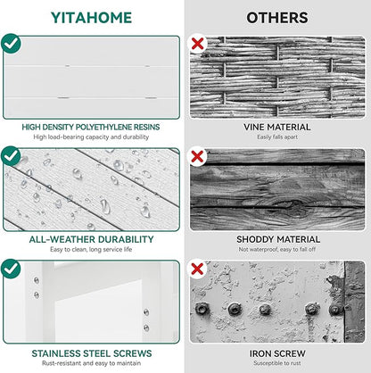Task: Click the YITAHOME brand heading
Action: click(x=91, y=18)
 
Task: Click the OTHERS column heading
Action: click(x=277, y=18)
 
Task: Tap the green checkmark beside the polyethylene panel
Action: click(x=11, y=44)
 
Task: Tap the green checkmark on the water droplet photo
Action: click(x=11, y=156)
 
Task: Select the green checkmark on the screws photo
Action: click(x=11, y=269)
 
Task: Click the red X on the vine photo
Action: click(x=197, y=44)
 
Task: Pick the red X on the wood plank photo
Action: click(x=197, y=156)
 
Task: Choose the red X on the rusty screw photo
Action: click(x=197, y=269)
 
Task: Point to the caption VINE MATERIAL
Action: click(x=277, y=127)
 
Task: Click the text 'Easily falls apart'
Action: click(x=277, y=137)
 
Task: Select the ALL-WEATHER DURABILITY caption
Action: click(x=91, y=239)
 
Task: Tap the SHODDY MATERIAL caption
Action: click(x=278, y=239)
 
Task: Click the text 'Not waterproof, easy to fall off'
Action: click(x=277, y=249)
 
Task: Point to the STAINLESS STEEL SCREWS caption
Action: click(x=92, y=353)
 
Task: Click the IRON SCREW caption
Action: click(x=277, y=353)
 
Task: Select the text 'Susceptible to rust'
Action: click(x=277, y=363)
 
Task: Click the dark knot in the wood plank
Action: click(x=293, y=206)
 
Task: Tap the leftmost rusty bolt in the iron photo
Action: click(x=202, y=309)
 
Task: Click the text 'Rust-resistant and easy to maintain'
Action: click(x=91, y=363)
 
